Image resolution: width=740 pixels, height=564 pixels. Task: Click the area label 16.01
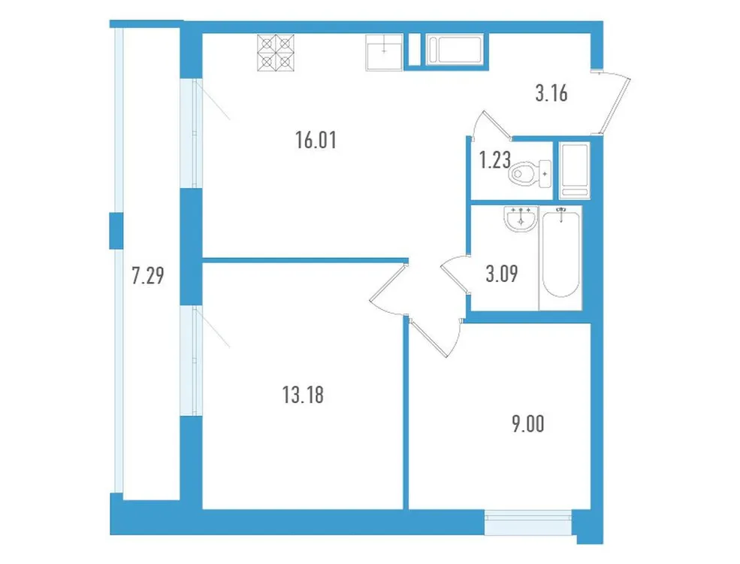tap(316, 140)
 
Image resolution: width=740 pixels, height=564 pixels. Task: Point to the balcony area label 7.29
tap(147, 276)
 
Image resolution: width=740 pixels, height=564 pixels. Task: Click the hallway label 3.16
tap(550, 94)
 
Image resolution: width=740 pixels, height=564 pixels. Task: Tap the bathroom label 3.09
tap(501, 274)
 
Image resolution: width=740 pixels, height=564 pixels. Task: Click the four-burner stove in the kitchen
tap(276, 53)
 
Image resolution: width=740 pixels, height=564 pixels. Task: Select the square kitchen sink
tap(384, 51)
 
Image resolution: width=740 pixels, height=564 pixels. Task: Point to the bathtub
tap(560, 256)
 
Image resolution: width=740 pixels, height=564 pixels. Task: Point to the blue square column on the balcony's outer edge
tap(116, 230)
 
